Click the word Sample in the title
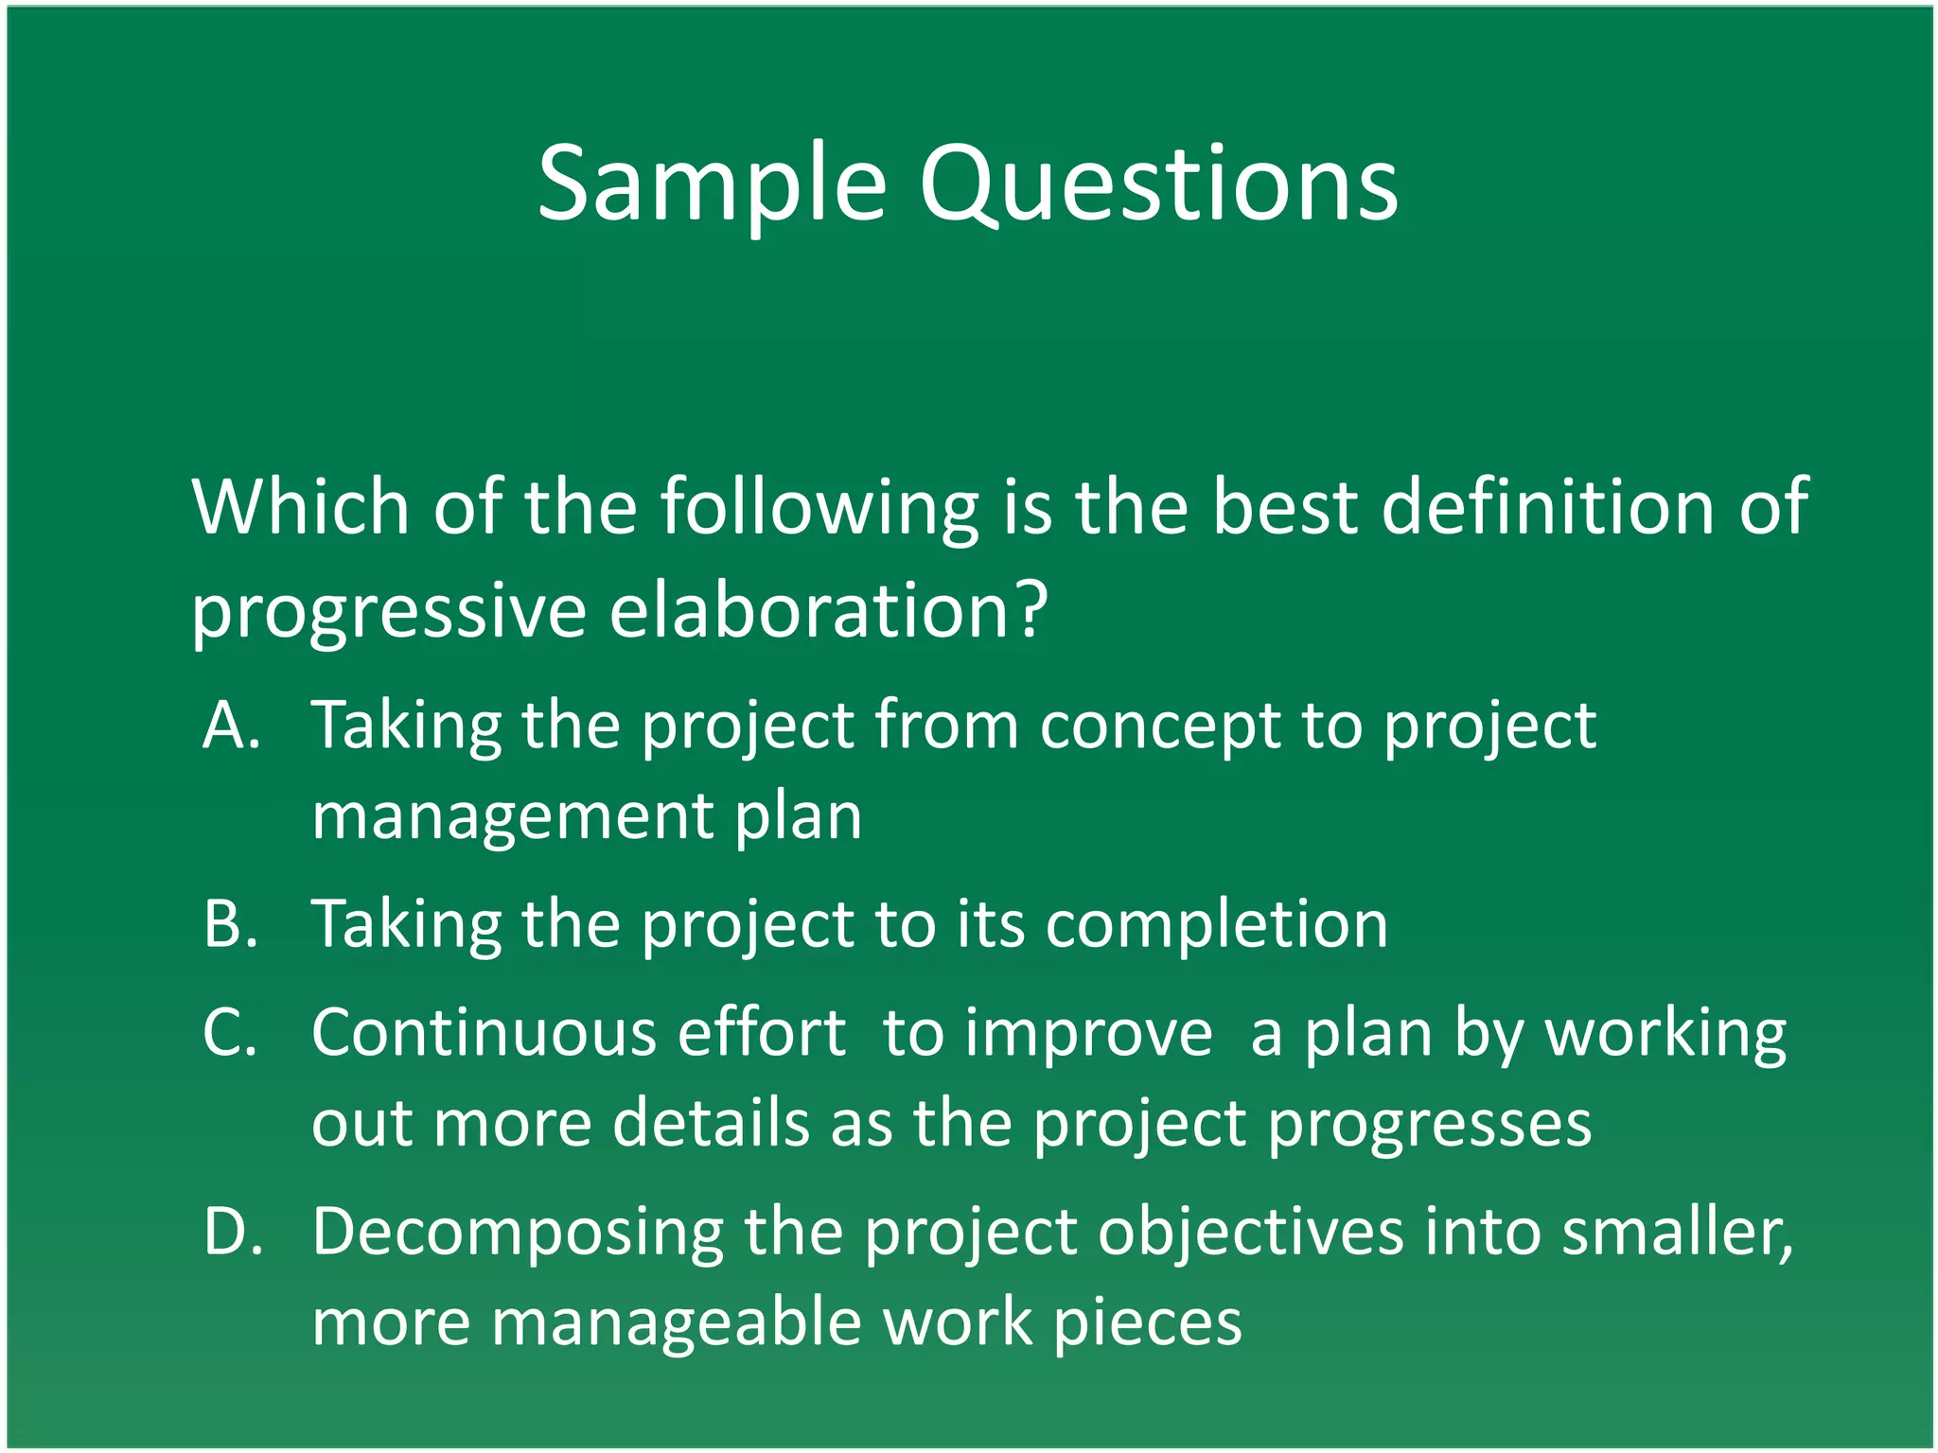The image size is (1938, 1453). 712,184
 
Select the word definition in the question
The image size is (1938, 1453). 1547,507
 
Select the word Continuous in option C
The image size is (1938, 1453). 484,1033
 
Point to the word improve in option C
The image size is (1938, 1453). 1088,1033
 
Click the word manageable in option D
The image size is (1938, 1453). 677,1322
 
